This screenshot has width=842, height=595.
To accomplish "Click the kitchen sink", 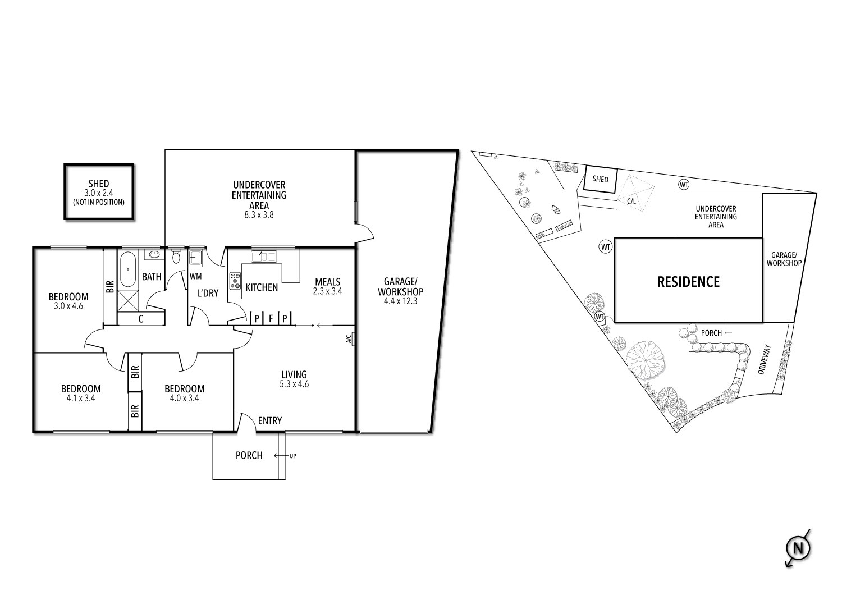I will (264, 257).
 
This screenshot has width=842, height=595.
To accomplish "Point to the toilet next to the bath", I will (176, 257).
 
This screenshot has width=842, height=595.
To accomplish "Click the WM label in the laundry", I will (195, 276).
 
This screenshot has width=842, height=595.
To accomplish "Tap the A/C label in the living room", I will (349, 338).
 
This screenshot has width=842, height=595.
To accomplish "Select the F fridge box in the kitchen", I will (271, 319).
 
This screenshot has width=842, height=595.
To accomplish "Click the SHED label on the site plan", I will (601, 180).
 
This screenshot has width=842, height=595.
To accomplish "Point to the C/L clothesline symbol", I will (631, 200).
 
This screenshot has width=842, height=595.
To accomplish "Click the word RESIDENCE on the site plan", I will (688, 282).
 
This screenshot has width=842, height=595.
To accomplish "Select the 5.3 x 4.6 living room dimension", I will (294, 385).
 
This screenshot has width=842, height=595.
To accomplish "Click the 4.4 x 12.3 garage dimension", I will (400, 301).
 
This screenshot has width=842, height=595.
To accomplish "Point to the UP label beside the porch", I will (292, 456).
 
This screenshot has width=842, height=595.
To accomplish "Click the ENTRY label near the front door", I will (270, 421).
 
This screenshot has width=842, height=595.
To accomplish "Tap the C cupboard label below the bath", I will (141, 319).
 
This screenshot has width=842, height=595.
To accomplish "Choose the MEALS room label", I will (328, 282).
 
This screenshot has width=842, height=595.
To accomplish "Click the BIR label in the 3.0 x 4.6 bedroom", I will (110, 286).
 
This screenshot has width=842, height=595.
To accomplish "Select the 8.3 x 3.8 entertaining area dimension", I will (259, 215).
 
